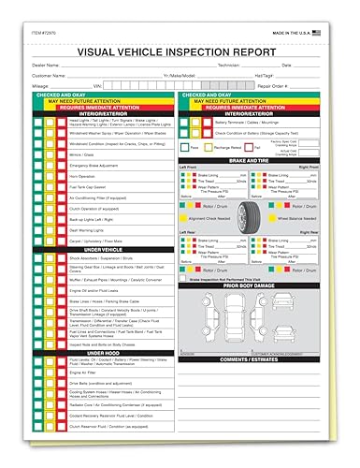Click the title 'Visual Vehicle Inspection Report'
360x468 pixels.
pyautogui.click(x=180, y=53)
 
